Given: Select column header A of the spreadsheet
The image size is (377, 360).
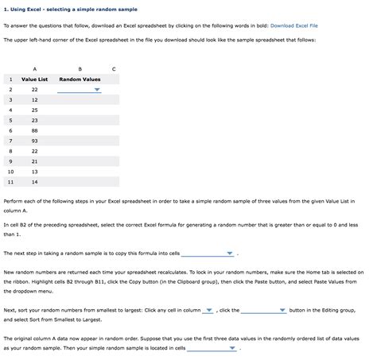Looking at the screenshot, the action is click(34, 68).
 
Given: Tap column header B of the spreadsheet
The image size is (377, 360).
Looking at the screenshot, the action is click(80, 68).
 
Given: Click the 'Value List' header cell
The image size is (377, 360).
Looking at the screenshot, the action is click(34, 79).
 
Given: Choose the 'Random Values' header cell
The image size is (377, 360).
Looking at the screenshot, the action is click(80, 79).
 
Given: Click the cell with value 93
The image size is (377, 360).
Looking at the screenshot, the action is click(34, 141).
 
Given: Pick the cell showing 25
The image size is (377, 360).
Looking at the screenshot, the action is click(34, 110).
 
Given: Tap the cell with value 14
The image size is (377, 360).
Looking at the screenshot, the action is click(34, 181).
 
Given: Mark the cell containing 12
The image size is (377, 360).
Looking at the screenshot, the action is click(34, 100).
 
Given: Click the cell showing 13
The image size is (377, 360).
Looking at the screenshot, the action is click(34, 171).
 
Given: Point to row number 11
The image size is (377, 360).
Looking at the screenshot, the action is click(10, 181).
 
